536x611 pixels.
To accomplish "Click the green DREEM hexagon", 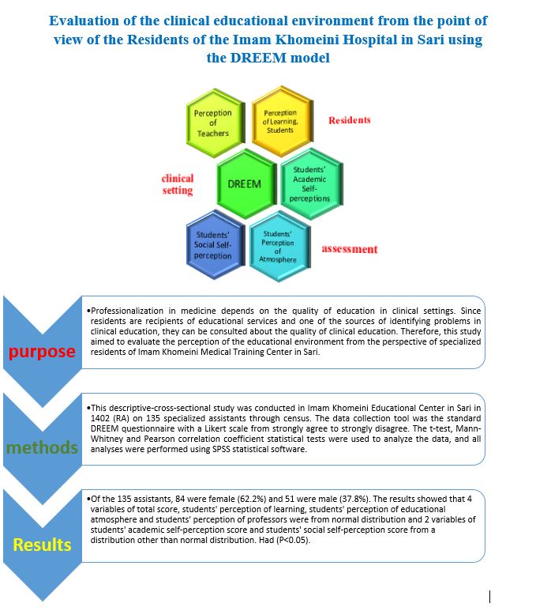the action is point(246,183).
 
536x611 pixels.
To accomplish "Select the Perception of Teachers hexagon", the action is point(216,123).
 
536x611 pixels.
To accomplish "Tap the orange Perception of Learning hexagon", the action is point(282,121).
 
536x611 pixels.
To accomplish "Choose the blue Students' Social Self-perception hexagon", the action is point(216,245).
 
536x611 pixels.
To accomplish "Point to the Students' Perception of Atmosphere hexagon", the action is point(280,247).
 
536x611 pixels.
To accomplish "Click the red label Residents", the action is point(349,120).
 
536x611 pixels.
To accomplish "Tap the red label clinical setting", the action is point(178,184).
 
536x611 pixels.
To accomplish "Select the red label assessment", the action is point(350,249).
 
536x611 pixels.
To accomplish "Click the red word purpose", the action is point(42,352).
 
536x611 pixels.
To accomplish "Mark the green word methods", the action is point(42,447).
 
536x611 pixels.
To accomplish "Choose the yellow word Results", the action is point(42,545).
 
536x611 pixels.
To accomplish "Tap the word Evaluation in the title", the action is point(84,21).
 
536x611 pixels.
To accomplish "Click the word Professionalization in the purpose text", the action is point(127,311).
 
